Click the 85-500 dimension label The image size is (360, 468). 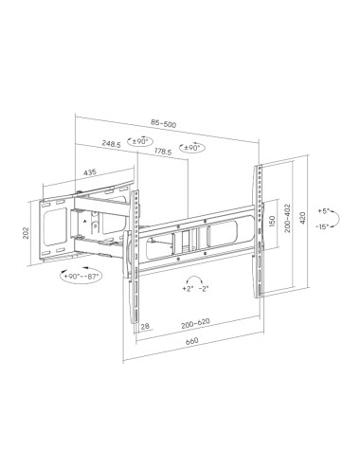click(x=163, y=123)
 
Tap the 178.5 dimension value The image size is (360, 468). click(x=164, y=152)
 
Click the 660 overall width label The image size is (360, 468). click(x=191, y=343)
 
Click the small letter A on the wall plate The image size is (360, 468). click(x=85, y=220)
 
